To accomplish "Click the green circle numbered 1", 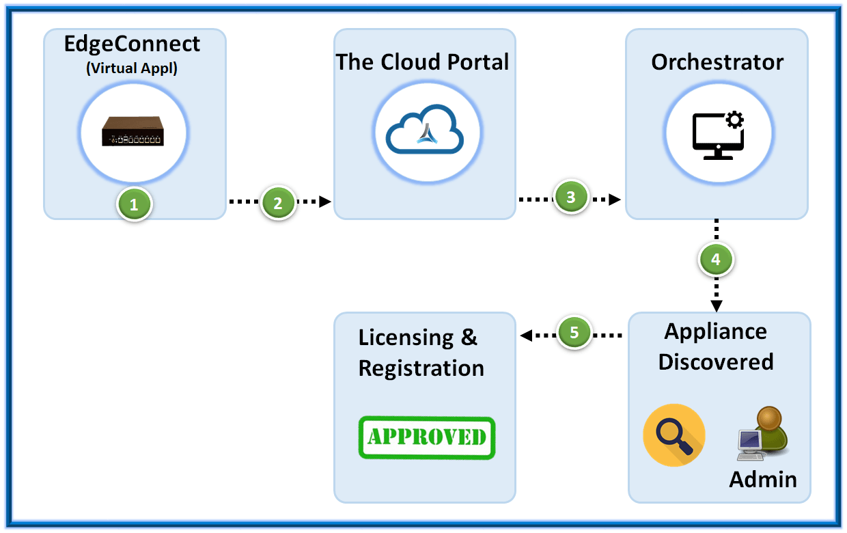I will click(134, 204).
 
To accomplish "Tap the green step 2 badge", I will click(278, 202).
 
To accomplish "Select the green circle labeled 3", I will click(571, 197).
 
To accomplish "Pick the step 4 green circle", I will click(716, 260).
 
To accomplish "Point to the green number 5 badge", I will click(574, 332).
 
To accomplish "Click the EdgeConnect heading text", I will click(133, 44).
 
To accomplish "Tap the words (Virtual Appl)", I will click(132, 69).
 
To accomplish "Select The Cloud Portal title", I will click(422, 62).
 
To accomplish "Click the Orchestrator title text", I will click(717, 62).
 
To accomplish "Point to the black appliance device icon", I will click(133, 131).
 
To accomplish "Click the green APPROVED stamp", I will click(426, 437).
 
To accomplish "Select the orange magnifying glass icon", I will click(674, 435).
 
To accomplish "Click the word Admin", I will click(763, 479).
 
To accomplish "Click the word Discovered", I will click(716, 361).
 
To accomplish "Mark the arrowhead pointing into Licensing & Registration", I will click(525, 336).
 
